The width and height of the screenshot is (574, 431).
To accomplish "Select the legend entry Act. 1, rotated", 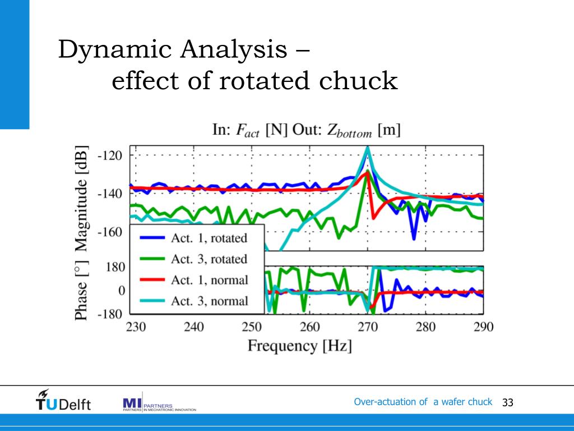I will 209,238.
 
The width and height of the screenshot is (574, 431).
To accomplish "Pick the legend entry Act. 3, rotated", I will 209,259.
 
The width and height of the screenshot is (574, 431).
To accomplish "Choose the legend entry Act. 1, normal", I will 209,279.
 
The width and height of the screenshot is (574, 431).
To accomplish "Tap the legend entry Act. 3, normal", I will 209,301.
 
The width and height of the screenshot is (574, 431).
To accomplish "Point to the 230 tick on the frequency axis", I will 135,327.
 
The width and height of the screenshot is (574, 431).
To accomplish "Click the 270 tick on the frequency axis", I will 368,327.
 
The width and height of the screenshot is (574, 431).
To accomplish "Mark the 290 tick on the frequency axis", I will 483,327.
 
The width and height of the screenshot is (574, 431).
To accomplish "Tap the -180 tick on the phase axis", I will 111,314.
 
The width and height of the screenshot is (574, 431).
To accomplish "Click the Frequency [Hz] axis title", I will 300,345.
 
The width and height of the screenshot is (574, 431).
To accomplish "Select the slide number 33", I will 508,402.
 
